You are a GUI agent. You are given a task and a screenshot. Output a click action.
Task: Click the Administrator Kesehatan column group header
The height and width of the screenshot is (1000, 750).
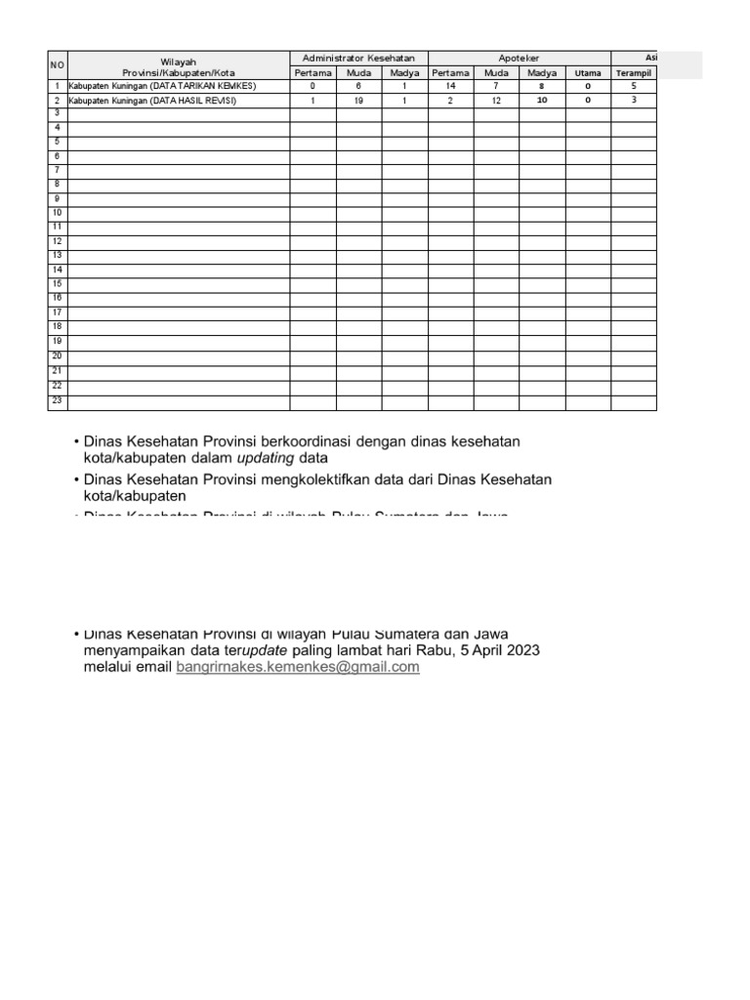358,59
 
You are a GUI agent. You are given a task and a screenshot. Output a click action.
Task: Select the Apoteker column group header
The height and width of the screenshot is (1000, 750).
520,59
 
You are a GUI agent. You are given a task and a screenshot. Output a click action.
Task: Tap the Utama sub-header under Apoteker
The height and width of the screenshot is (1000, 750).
588,73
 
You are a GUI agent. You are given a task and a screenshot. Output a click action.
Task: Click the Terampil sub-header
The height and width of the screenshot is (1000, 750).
634,73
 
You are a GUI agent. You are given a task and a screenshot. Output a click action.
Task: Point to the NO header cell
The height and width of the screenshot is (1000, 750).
58,65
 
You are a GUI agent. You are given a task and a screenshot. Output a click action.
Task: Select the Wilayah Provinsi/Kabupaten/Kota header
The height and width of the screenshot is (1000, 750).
179,66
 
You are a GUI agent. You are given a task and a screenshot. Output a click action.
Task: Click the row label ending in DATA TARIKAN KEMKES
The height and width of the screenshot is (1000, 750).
161,86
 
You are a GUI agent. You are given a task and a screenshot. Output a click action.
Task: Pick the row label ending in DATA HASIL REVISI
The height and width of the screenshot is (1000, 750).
151,101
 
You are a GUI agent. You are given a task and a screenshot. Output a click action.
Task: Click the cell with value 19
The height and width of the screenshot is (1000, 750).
358,101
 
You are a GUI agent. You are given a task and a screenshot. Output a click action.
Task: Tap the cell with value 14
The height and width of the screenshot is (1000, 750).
450,86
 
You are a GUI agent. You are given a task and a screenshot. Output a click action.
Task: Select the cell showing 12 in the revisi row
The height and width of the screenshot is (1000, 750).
496,101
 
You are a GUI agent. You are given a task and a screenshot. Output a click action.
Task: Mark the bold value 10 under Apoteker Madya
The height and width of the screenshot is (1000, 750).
542,101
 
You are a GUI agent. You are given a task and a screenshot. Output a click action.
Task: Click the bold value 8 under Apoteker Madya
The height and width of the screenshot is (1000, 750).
542,86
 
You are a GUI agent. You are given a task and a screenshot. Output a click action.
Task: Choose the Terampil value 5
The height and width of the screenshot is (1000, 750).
634,86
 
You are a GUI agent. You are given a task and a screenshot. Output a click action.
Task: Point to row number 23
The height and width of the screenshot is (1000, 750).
58,400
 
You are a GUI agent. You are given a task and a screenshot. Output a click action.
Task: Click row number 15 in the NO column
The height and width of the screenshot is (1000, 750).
58,283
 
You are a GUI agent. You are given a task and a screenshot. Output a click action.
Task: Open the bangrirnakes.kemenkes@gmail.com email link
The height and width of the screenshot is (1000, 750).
298,667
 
